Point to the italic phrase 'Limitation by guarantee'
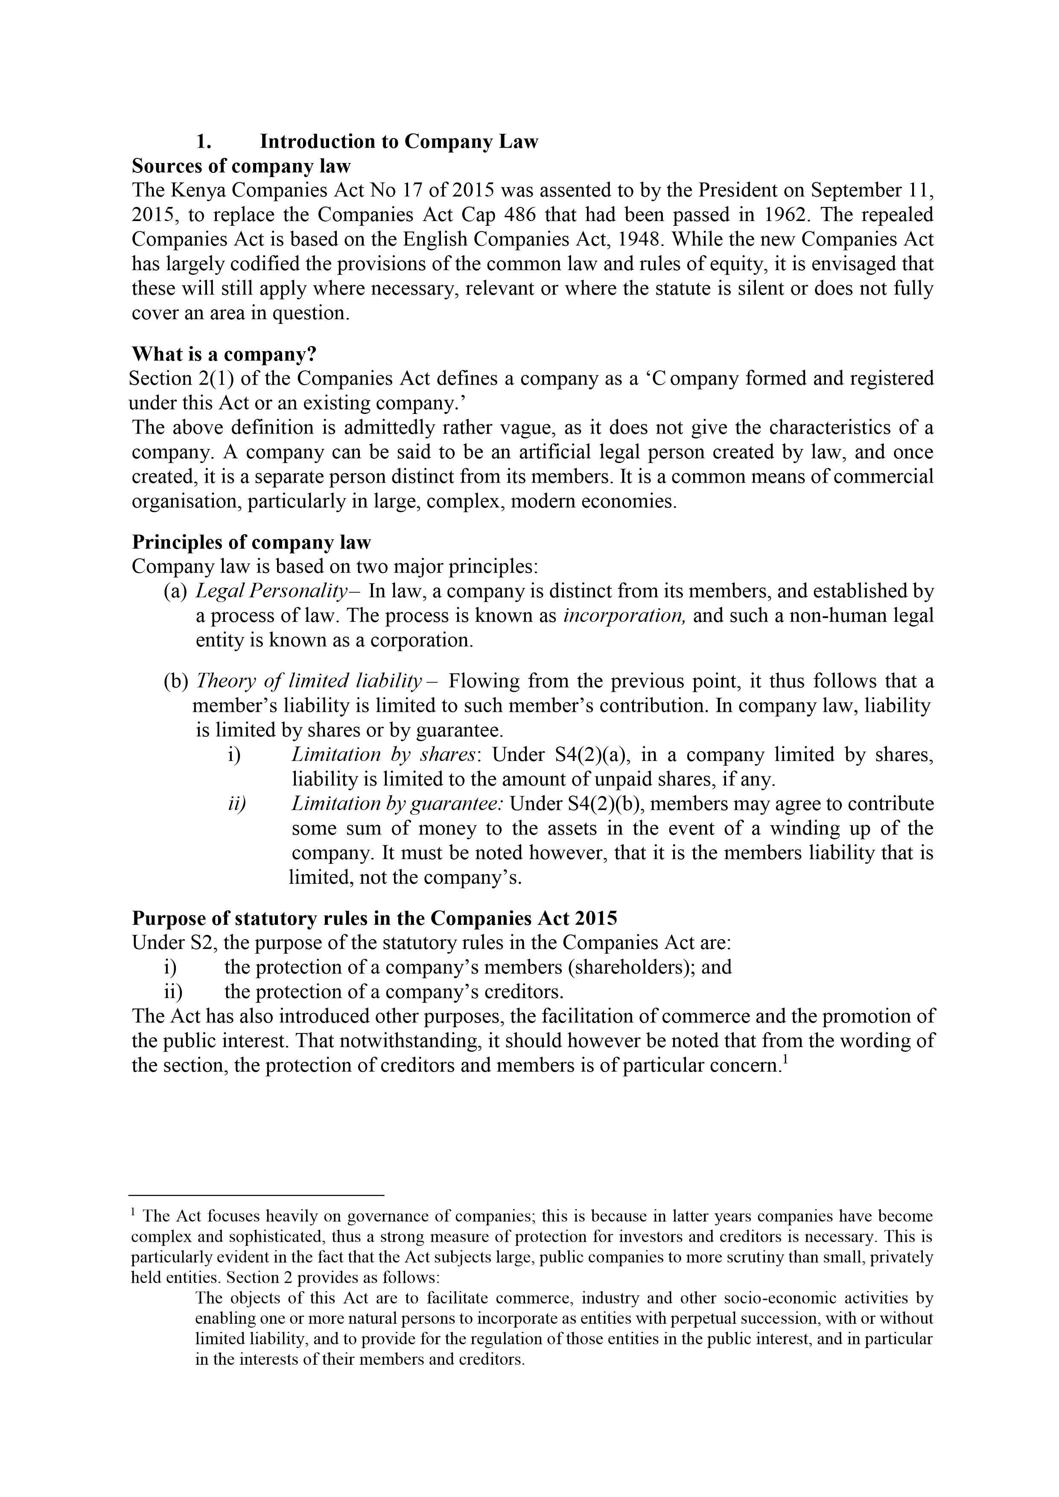coord(397,804)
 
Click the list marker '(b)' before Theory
coord(175,682)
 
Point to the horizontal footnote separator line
coord(257,1195)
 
